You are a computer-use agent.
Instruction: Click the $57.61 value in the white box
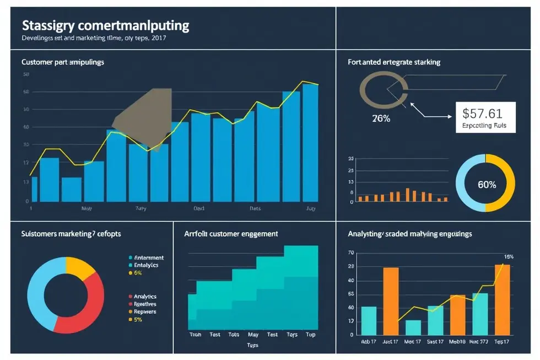tap(482, 114)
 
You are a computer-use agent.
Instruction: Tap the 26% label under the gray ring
tap(381, 118)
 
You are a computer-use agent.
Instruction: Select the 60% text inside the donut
tap(487, 185)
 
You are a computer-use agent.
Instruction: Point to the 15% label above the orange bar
tap(509, 256)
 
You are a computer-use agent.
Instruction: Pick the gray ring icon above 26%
tap(384, 89)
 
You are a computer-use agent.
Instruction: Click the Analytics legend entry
tap(145, 296)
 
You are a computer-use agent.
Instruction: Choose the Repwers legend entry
tap(145, 311)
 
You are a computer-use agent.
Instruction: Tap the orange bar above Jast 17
tap(391, 301)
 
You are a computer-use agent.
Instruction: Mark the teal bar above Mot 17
tap(413, 327)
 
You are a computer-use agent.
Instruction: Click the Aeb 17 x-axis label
tap(369, 342)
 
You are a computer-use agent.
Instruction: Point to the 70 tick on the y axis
tap(351, 253)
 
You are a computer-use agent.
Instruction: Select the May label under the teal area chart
tap(253, 335)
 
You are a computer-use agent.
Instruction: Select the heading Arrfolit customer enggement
tap(231, 234)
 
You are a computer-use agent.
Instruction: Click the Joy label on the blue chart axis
tap(311, 209)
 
